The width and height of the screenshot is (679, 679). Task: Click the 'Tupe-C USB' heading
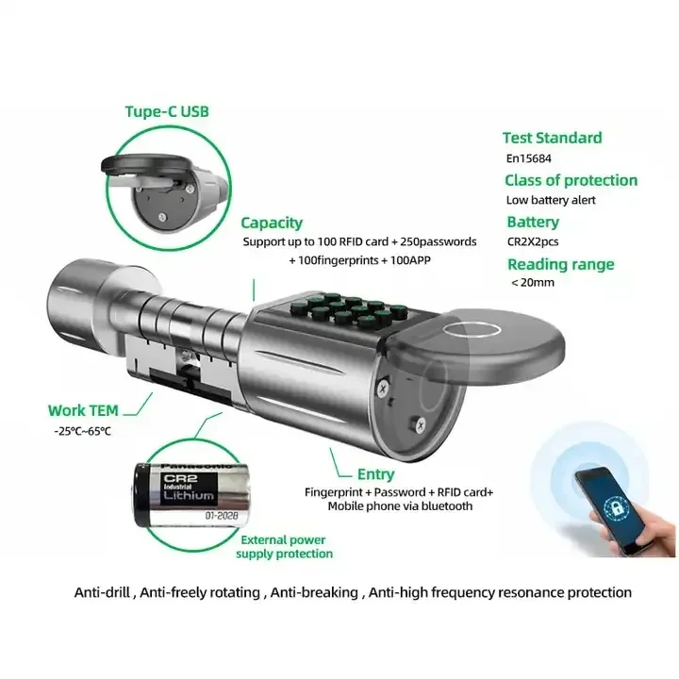point(167,111)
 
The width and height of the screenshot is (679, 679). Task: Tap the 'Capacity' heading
point(272,223)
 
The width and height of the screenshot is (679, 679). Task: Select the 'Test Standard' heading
point(552,138)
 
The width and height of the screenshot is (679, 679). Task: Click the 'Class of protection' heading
point(571,180)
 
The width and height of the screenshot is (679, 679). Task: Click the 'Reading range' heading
point(559,264)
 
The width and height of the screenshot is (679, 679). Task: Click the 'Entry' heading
point(375,474)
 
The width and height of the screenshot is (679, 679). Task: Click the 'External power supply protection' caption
point(284,547)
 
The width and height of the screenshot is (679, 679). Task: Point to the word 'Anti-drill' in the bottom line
point(107,593)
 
